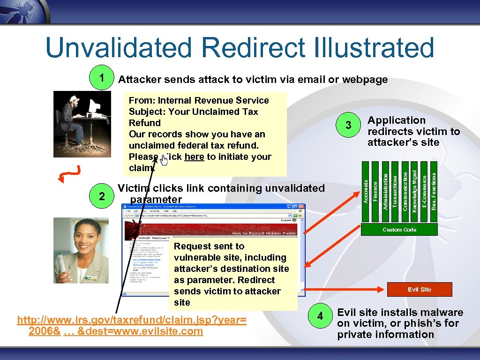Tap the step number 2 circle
102,196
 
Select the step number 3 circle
348,125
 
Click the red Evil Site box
419,289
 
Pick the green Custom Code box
399,229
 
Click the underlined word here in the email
194,157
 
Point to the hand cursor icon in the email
164,161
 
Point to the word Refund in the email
144,123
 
